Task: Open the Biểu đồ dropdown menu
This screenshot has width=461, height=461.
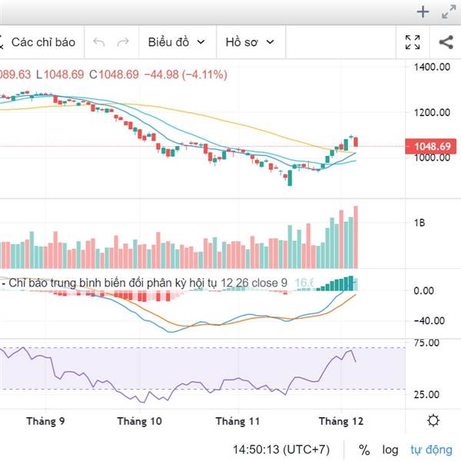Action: pyautogui.click(x=176, y=42)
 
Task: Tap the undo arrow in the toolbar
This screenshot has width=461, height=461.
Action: pyautogui.click(x=98, y=42)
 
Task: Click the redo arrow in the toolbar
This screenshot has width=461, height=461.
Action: pyautogui.click(x=122, y=42)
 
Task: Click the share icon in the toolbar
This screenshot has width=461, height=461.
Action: pyautogui.click(x=445, y=42)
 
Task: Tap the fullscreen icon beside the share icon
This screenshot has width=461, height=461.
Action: pyautogui.click(x=413, y=42)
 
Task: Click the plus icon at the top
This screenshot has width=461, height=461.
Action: pyautogui.click(x=423, y=12)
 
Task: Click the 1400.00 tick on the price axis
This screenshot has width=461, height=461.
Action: pyautogui.click(x=431, y=68)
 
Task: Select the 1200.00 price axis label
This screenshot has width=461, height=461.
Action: pyautogui.click(x=431, y=112)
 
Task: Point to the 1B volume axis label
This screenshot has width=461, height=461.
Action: pyautogui.click(x=420, y=223)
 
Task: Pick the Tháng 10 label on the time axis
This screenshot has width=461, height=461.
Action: pyautogui.click(x=140, y=421)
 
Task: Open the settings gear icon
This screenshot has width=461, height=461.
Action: pyautogui.click(x=434, y=420)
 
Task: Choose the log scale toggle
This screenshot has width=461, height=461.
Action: pyautogui.click(x=391, y=449)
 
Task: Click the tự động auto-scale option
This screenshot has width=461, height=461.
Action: pyautogui.click(x=431, y=449)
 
